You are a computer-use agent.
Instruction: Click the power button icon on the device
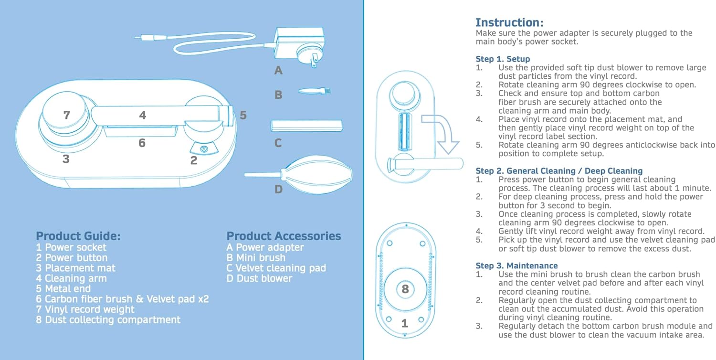pos(204,149)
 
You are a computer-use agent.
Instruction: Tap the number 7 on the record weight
pos(67,115)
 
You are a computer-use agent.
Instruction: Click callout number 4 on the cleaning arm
pos(142,115)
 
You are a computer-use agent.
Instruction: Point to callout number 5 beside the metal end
pos(243,115)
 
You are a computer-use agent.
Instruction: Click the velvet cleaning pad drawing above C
pos(306,126)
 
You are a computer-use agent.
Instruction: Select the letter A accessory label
pos(278,71)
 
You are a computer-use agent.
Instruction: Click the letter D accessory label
pos(278,190)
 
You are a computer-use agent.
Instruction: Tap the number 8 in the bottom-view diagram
pos(405,289)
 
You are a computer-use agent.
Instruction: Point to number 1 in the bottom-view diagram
pos(405,323)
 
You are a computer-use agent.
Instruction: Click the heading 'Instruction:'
pos(509,22)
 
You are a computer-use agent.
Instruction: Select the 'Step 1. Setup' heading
pos(503,59)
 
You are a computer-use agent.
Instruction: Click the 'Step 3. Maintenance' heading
pos(516,265)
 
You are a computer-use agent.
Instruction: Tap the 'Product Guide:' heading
pos(78,236)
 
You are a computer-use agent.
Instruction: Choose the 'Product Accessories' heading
pos(284,236)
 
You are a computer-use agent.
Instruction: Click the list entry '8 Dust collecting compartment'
pos(108,319)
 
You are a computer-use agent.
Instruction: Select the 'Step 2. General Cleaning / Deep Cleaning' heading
pos(559,171)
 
